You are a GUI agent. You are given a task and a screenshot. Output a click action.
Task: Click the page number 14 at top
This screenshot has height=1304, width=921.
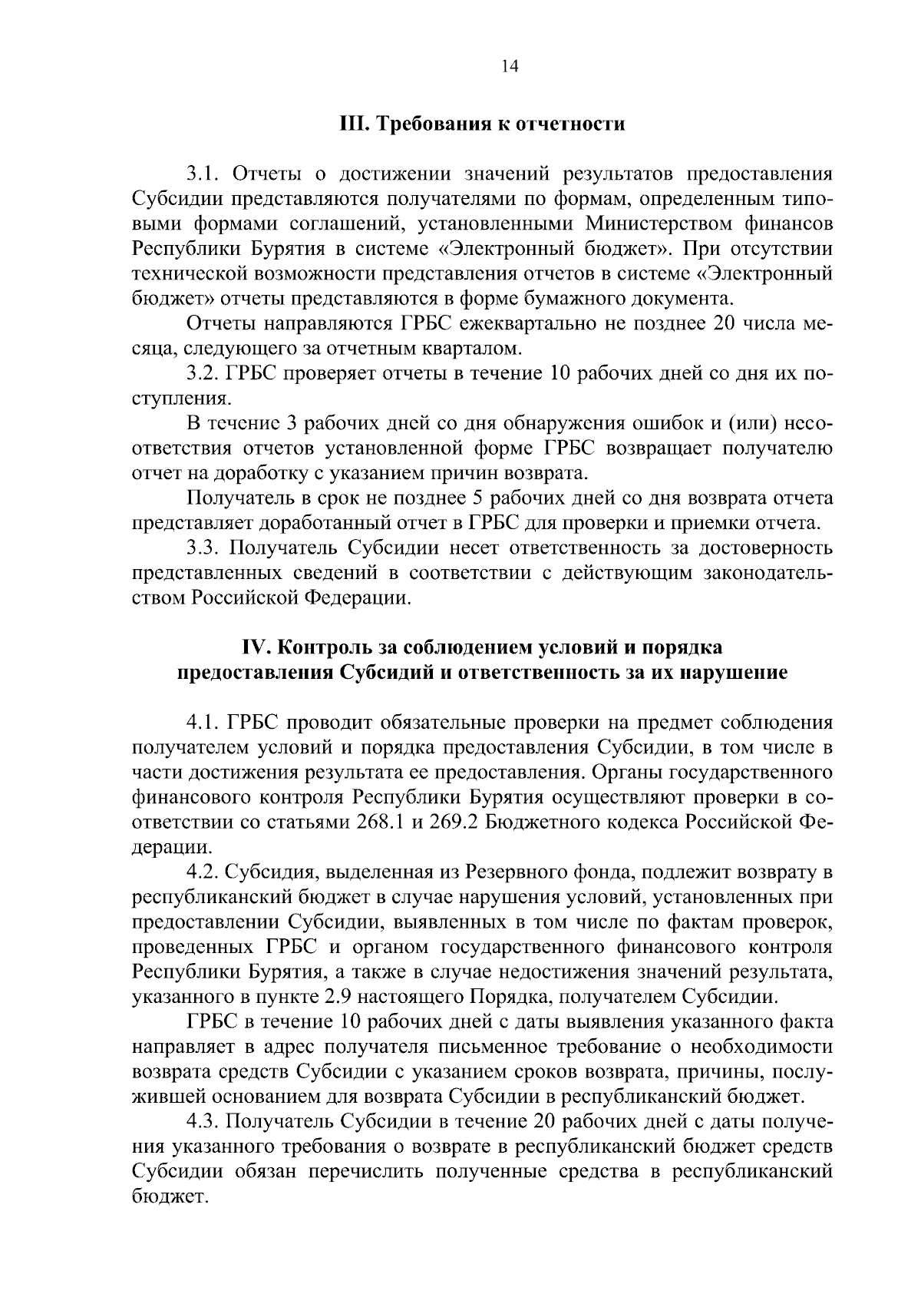pyautogui.click(x=510, y=66)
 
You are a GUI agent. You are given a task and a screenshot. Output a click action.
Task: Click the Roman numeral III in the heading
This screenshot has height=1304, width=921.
pyautogui.click(x=352, y=124)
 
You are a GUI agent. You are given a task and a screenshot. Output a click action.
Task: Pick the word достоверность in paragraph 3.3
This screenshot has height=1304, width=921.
pyautogui.click(x=775, y=548)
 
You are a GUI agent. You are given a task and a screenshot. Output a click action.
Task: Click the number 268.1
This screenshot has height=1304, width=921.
pyautogui.click(x=382, y=822)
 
